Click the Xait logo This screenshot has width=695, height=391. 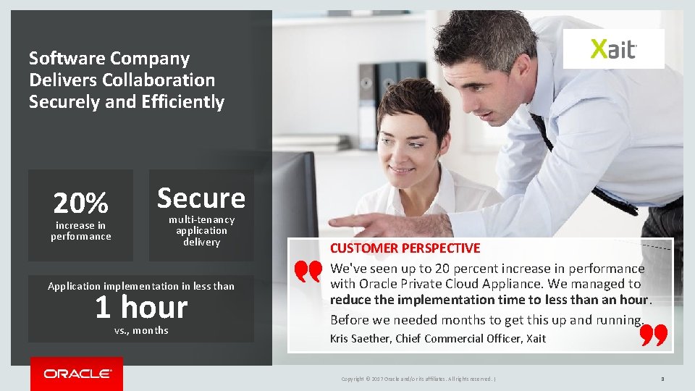[x=613, y=49]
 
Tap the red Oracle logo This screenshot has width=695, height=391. [x=77, y=374]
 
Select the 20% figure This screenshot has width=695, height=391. [x=80, y=203]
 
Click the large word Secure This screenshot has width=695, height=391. [x=201, y=198]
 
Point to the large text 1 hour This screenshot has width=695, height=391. [x=141, y=308]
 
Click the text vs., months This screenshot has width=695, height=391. [x=141, y=331]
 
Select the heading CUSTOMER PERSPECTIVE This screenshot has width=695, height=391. [x=405, y=248]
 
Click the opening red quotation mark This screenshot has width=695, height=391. [x=308, y=272]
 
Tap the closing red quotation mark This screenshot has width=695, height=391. [x=654, y=335]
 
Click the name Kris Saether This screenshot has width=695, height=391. [x=360, y=339]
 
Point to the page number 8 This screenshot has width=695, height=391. [x=662, y=379]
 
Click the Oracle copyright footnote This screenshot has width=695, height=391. [x=418, y=379]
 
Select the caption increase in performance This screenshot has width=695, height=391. [x=81, y=231]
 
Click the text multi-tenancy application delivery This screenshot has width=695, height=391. [x=201, y=231]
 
